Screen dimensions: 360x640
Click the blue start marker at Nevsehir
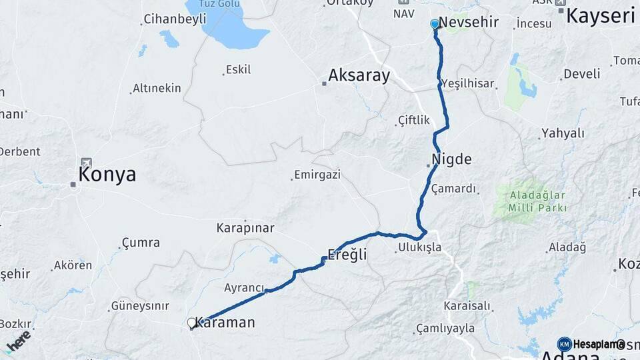435,24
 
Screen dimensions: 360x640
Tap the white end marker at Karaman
192,323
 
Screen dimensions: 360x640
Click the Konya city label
107,175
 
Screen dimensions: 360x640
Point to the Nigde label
451,159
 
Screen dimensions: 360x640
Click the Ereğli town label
347,254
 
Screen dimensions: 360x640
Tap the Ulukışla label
419,247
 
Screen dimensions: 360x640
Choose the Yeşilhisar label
467,83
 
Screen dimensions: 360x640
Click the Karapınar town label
245,228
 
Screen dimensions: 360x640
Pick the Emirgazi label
317,175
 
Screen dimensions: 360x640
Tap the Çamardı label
454,189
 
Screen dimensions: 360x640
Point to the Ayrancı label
244,287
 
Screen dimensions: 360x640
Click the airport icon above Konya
86,163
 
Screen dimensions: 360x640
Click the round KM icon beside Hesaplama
564,344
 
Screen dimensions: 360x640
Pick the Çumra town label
141,243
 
